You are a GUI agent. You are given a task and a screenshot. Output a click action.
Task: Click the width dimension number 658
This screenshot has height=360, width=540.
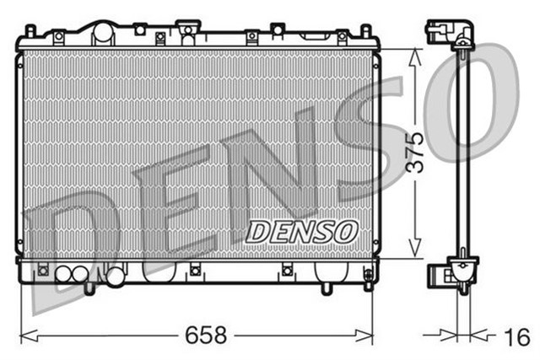[207, 336]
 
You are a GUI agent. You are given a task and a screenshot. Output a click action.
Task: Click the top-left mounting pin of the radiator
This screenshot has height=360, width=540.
[30, 31]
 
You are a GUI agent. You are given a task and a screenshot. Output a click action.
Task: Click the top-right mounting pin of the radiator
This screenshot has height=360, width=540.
[364, 31]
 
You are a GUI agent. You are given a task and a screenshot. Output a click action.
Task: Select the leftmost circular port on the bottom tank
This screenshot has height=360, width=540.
[63, 274]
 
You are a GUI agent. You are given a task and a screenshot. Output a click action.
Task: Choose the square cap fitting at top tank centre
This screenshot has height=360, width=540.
[186, 32]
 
